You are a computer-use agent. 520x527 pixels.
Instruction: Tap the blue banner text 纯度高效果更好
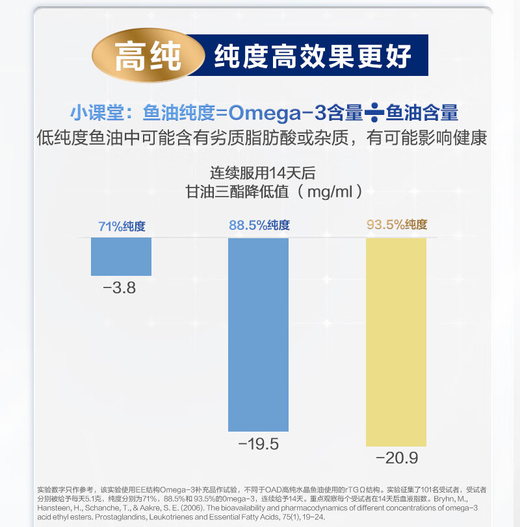(x=313, y=56)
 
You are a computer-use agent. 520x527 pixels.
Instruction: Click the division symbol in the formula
(x=374, y=113)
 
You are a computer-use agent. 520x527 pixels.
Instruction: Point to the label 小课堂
(x=98, y=113)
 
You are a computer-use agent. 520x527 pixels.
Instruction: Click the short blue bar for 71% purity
(x=121, y=256)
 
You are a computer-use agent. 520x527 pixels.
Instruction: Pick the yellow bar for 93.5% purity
(x=396, y=341)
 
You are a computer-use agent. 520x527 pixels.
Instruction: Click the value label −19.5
(x=258, y=445)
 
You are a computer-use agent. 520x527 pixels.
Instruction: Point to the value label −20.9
(x=396, y=459)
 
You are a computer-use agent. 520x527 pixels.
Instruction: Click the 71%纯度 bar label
(x=122, y=227)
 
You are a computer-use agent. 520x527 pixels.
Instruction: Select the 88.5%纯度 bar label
(x=259, y=225)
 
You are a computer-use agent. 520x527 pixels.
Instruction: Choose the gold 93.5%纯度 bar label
(x=396, y=225)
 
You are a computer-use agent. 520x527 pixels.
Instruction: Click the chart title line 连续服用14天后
(x=262, y=173)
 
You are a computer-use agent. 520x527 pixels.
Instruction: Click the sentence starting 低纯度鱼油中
(x=262, y=138)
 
